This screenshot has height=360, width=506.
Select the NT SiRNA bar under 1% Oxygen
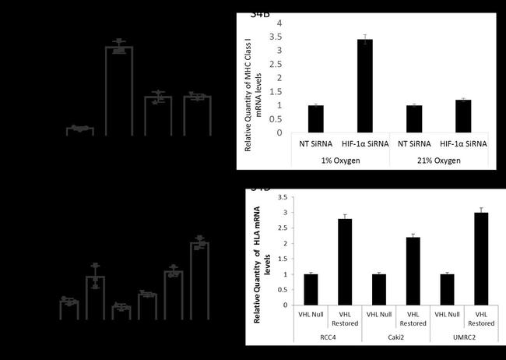[x=315, y=118]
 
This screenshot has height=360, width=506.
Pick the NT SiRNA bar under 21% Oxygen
[x=414, y=118]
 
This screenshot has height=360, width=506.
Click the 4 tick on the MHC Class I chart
[x=279, y=23]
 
